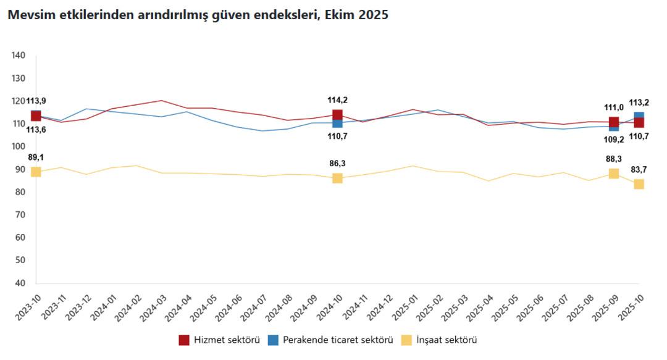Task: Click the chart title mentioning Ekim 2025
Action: click(198, 15)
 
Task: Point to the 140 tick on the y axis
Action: click(19, 56)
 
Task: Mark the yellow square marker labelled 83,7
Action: click(639, 184)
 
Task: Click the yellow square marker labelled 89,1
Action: click(36, 172)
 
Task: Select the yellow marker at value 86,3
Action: click(337, 178)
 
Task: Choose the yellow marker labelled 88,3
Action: click(613, 174)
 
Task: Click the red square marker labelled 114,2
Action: click(337, 115)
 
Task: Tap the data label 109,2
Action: click(613, 139)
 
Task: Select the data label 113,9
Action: click(36, 101)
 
